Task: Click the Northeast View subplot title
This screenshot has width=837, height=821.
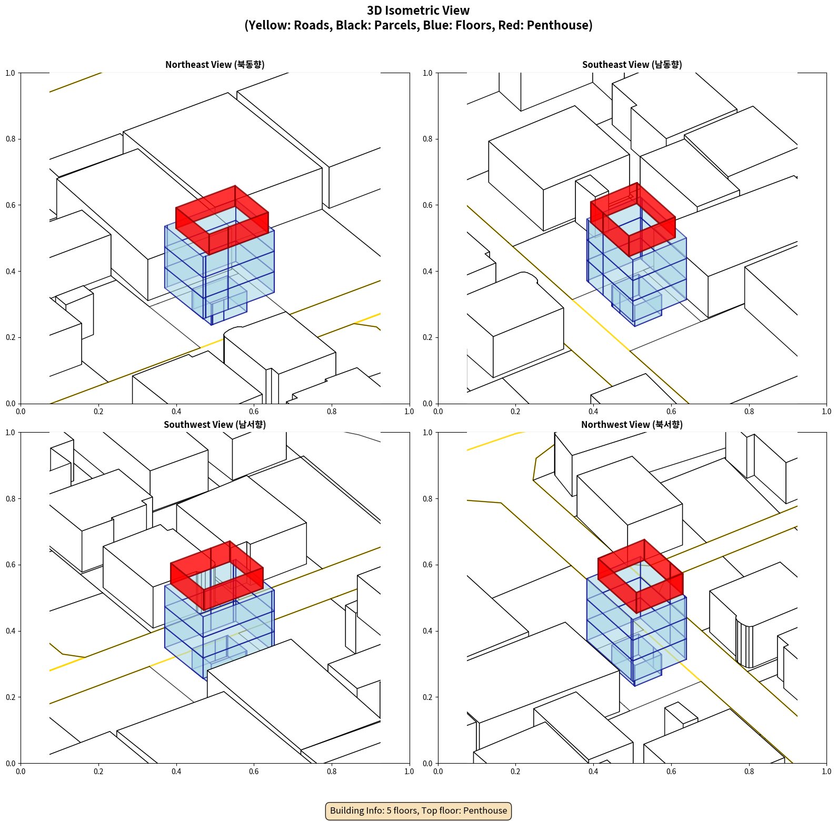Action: click(x=215, y=64)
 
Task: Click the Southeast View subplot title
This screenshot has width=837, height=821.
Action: click(x=632, y=64)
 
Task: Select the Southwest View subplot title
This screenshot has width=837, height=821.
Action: click(x=215, y=424)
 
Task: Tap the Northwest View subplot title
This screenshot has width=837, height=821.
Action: click(x=632, y=424)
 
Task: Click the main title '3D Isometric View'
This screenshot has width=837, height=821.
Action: click(x=418, y=11)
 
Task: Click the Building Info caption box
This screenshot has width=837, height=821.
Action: click(x=418, y=810)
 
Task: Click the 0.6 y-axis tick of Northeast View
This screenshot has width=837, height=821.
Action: click(x=11, y=205)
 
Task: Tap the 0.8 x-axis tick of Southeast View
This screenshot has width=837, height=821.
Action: click(x=749, y=411)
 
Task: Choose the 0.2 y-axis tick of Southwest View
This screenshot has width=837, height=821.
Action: click(x=11, y=697)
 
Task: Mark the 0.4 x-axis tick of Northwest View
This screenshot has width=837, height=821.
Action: click(x=593, y=771)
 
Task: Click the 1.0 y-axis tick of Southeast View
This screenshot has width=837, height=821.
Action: click(x=428, y=73)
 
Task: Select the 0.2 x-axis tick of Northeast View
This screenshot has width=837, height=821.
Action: click(x=98, y=411)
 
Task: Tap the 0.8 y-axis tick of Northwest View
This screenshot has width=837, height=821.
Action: click(x=428, y=499)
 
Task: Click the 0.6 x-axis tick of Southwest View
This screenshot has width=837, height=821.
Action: click(x=254, y=771)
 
